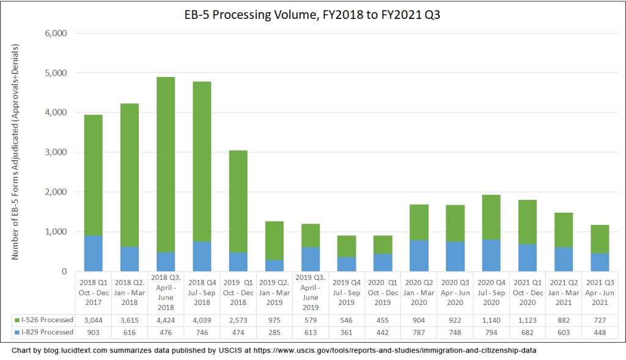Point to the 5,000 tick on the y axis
point(56,73)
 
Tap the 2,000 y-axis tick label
point(56,192)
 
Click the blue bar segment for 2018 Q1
point(93,253)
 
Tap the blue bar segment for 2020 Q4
point(492,255)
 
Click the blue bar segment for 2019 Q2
point(274,265)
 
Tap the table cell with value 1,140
point(492,320)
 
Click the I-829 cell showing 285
point(274,332)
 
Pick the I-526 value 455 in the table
point(383,320)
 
